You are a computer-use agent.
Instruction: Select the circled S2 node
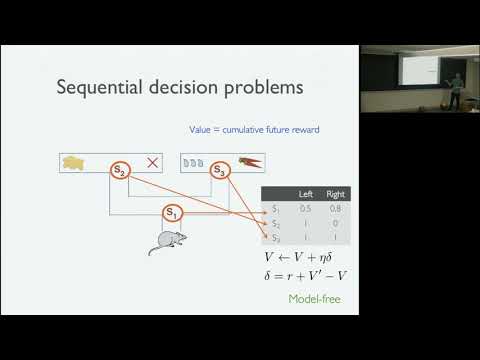120,171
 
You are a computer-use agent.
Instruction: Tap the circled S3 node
220,171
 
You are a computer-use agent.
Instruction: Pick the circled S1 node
172,212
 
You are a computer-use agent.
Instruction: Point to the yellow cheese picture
76,163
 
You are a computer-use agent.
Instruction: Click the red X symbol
153,163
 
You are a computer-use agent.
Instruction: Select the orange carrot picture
248,163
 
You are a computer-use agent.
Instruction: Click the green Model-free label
311,299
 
